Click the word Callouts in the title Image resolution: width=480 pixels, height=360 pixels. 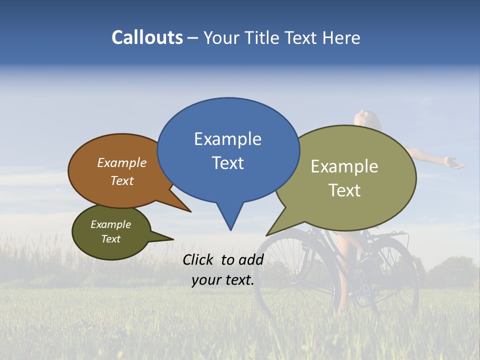[147, 37]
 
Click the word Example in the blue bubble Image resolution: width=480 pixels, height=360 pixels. [227, 139]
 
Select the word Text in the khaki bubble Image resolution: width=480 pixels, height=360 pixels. [344, 190]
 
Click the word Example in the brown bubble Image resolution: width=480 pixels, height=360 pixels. [121, 163]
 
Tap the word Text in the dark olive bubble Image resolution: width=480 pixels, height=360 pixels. [110, 239]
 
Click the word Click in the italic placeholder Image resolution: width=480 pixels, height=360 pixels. [199, 259]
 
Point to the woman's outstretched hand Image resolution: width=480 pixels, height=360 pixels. [454, 163]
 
